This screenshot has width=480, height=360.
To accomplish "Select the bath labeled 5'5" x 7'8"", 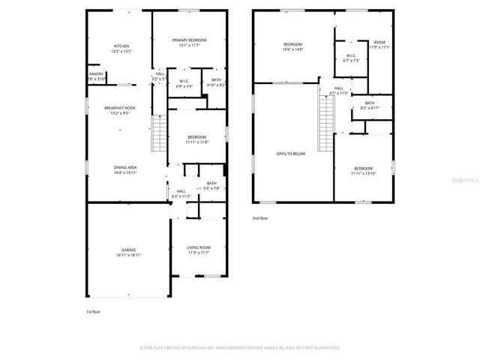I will (211, 186).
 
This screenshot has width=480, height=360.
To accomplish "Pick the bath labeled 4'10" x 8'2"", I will (216, 82).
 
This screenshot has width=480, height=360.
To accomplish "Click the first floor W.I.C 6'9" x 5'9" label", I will (183, 83).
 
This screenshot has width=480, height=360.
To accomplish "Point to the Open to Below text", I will (291, 154).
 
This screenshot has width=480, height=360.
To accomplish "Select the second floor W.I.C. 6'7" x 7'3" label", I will (351, 58).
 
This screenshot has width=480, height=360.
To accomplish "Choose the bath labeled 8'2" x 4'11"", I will (369, 106).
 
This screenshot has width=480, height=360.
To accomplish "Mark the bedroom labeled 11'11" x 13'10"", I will (362, 171).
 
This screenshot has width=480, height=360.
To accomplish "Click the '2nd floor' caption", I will (260, 217).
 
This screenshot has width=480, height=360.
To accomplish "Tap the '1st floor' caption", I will (93, 310).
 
